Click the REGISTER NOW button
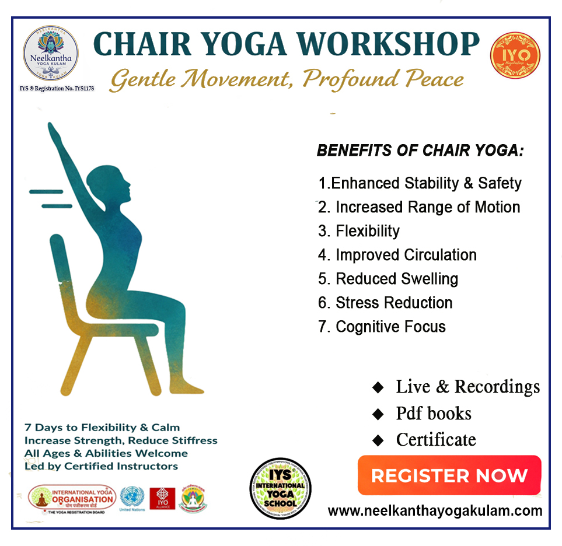point(449,475)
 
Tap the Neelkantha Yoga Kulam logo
point(50,53)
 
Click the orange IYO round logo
point(515,56)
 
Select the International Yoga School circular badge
point(280,488)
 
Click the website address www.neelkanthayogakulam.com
point(435,511)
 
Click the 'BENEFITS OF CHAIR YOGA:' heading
point(420,151)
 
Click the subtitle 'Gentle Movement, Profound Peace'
point(287,79)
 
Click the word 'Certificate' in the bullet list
point(435,439)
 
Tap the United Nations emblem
point(132,498)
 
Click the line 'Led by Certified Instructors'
point(101,466)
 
